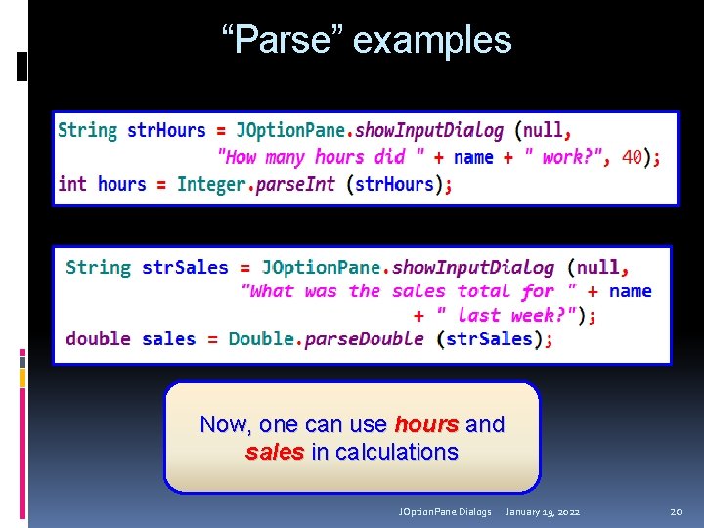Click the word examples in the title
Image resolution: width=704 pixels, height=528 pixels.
point(432,41)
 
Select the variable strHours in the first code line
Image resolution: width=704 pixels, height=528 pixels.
point(166,130)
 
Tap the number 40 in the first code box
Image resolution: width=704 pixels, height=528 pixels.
point(633,156)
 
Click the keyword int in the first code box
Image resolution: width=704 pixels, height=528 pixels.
point(72,184)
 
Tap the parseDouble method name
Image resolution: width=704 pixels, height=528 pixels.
point(365,339)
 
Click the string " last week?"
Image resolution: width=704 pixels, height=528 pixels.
point(506,315)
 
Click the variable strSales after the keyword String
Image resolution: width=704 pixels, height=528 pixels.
point(185,267)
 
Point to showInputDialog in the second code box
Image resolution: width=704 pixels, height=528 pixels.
point(473,267)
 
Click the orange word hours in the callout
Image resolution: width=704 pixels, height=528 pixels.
point(426,424)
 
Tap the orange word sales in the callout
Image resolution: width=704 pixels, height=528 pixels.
point(275,452)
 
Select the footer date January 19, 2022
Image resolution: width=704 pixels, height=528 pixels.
point(544,511)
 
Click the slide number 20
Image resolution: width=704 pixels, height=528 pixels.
point(676,511)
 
